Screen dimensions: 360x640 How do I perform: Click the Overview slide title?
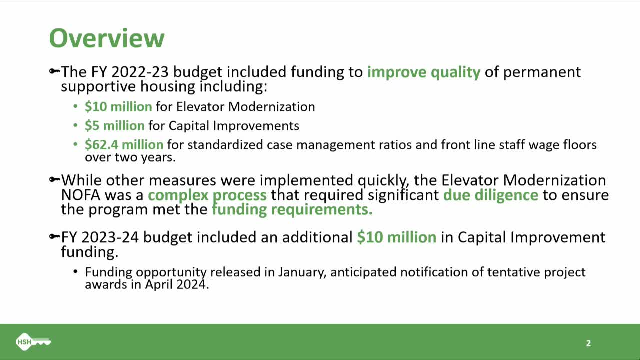click(x=106, y=38)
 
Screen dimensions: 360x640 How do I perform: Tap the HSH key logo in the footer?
click(x=33, y=342)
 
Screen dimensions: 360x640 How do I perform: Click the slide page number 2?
click(x=588, y=343)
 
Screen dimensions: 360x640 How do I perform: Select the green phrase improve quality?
click(x=423, y=72)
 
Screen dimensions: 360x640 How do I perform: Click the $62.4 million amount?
click(x=124, y=145)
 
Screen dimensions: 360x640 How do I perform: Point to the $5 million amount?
click(x=114, y=125)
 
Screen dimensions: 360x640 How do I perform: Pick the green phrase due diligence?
click(x=490, y=195)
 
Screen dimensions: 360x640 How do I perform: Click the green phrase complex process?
click(x=207, y=195)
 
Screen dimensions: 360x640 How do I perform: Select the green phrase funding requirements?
click(x=292, y=209)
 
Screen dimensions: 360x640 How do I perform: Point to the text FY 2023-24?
click(x=100, y=237)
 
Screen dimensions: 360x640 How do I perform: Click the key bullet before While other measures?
click(x=54, y=180)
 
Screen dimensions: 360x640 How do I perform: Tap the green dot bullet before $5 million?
click(x=75, y=126)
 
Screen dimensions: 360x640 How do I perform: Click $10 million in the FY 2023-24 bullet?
click(x=396, y=237)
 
